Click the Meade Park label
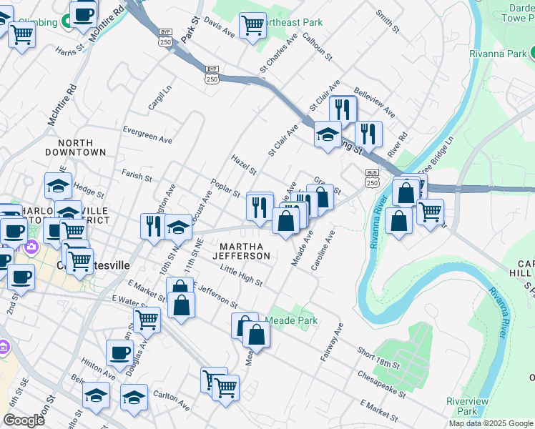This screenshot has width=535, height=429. (x=292, y=321)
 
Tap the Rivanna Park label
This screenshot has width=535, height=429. (x=498, y=54)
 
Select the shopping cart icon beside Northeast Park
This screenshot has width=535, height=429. (x=252, y=26)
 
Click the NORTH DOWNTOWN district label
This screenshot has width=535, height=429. (x=75, y=147)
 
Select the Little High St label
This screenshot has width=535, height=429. (x=241, y=275)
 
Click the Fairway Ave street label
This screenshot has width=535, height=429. (x=333, y=342)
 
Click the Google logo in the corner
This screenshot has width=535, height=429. (x=24, y=420)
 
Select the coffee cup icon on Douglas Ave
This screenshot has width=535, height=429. (x=119, y=352)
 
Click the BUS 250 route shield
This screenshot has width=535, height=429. (x=372, y=178)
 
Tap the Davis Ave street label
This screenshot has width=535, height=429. (x=219, y=27)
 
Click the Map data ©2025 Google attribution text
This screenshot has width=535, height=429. (x=491, y=423)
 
